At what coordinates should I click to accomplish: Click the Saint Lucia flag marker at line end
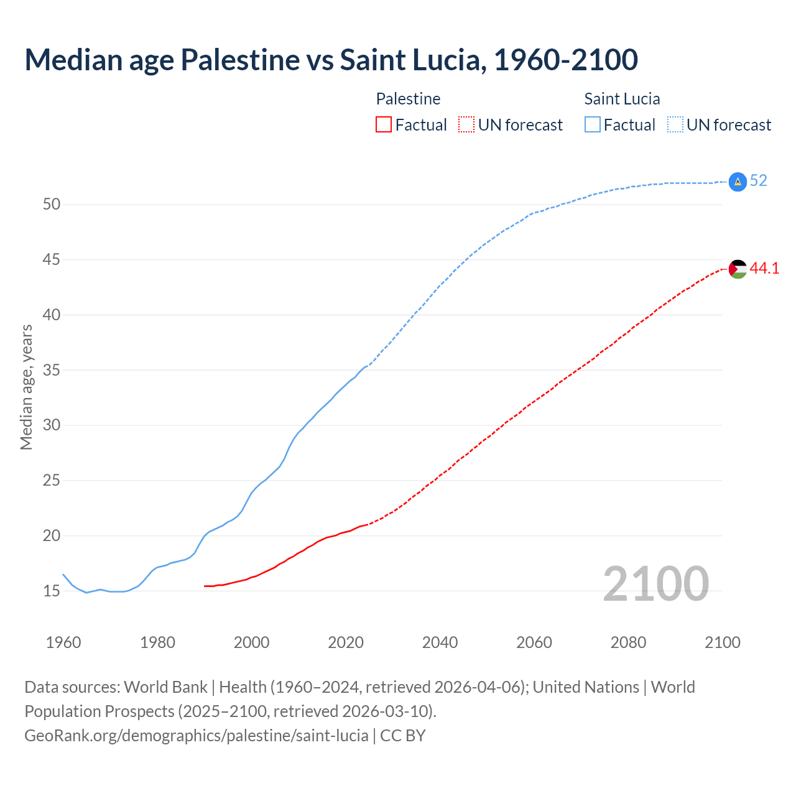click(x=737, y=182)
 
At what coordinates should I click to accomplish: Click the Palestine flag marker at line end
click(x=737, y=269)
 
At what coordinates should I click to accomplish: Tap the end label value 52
click(x=758, y=181)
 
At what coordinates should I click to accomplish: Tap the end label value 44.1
click(x=764, y=269)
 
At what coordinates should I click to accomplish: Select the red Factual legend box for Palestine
click(x=384, y=125)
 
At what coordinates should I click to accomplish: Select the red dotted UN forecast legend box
click(x=466, y=125)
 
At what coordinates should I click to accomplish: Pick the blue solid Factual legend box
click(x=593, y=125)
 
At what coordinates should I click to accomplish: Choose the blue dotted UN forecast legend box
click(x=675, y=125)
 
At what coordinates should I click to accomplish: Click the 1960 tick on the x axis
click(x=63, y=642)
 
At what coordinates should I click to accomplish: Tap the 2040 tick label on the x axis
click(x=440, y=642)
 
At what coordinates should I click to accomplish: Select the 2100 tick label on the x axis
click(x=722, y=642)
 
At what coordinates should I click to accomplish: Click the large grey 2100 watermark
click(x=655, y=583)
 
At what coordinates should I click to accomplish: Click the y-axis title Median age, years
click(x=26, y=387)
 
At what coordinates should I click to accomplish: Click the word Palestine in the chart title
click(x=240, y=60)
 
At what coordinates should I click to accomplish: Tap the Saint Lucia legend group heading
click(x=622, y=99)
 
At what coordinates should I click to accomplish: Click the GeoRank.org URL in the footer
click(x=197, y=736)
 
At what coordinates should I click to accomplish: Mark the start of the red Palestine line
click(x=205, y=586)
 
